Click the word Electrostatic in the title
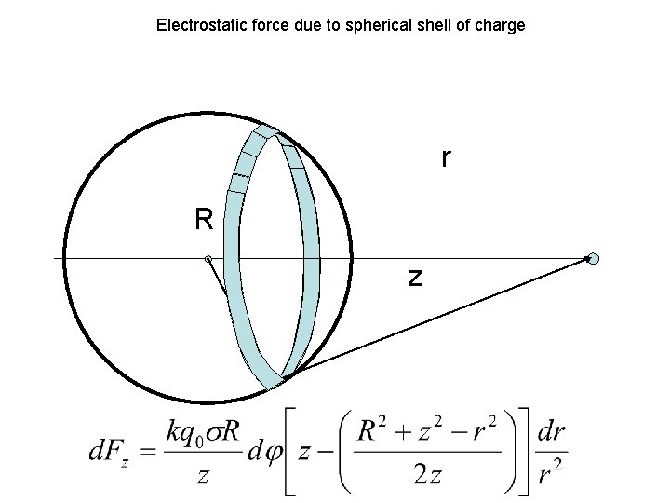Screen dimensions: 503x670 coord(194,25)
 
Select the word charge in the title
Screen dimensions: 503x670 coord(501,25)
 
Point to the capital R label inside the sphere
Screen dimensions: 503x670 coord(204,220)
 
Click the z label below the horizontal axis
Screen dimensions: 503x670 coord(415,277)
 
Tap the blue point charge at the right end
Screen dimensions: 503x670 coord(593,259)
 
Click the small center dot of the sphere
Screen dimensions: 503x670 coord(208,259)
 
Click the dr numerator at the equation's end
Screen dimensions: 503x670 coord(552,432)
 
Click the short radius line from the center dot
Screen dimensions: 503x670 coord(218,278)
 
